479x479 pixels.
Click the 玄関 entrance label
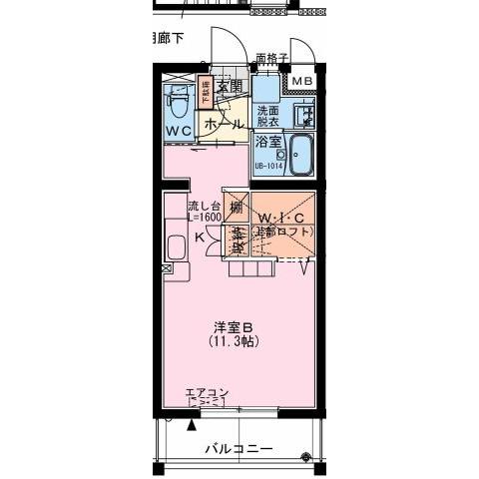[x=230, y=87]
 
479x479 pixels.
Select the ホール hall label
[x=223, y=124]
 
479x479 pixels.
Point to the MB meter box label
[x=301, y=80]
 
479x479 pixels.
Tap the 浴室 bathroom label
[x=266, y=144]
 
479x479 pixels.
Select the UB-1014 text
[x=267, y=167]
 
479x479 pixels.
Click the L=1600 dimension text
[x=204, y=217]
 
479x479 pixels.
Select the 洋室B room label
[x=234, y=327]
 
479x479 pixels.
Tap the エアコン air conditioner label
[x=205, y=392]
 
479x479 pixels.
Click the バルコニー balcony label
[x=239, y=449]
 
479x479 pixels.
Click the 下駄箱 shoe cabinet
[x=208, y=93]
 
